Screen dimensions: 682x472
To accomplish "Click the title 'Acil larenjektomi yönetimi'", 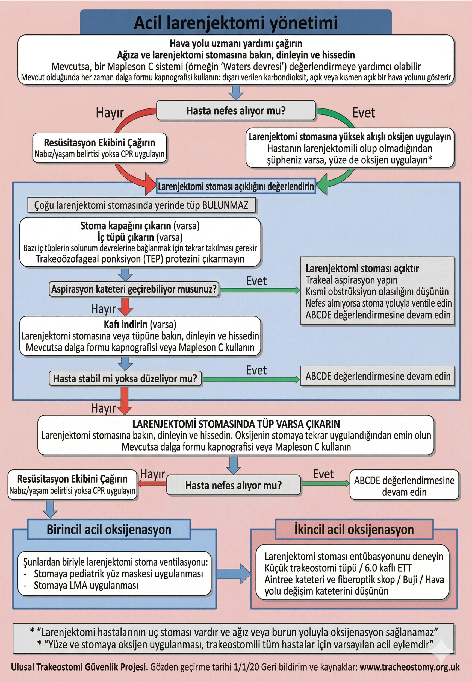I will [x=236, y=23].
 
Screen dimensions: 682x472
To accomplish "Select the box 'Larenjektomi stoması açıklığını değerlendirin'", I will [x=236, y=186].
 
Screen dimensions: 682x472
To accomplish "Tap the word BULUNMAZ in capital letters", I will [x=225, y=205].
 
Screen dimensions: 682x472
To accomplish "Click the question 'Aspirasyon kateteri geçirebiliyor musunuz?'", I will [x=134, y=289].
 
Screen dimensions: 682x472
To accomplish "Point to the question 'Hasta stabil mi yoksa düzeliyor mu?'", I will [x=125, y=378].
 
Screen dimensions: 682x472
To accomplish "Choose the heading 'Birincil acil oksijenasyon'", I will [x=109, y=529].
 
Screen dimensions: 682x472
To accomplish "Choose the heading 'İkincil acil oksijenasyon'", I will [x=354, y=529].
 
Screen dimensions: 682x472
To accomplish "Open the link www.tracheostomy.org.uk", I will [x=410, y=667].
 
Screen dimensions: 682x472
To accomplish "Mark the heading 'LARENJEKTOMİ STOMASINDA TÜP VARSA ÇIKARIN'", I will [x=236, y=424].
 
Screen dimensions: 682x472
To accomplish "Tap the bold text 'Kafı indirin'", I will [x=125, y=324].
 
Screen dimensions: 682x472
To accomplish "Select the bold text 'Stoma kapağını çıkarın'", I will [x=126, y=226].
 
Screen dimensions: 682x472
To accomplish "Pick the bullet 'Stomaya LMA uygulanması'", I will [x=86, y=585].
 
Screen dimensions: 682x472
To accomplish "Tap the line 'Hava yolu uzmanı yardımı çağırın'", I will [x=236, y=43].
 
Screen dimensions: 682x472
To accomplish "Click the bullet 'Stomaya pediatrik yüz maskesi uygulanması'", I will [x=118, y=574].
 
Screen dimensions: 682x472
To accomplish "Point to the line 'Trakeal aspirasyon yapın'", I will [x=351, y=280].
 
